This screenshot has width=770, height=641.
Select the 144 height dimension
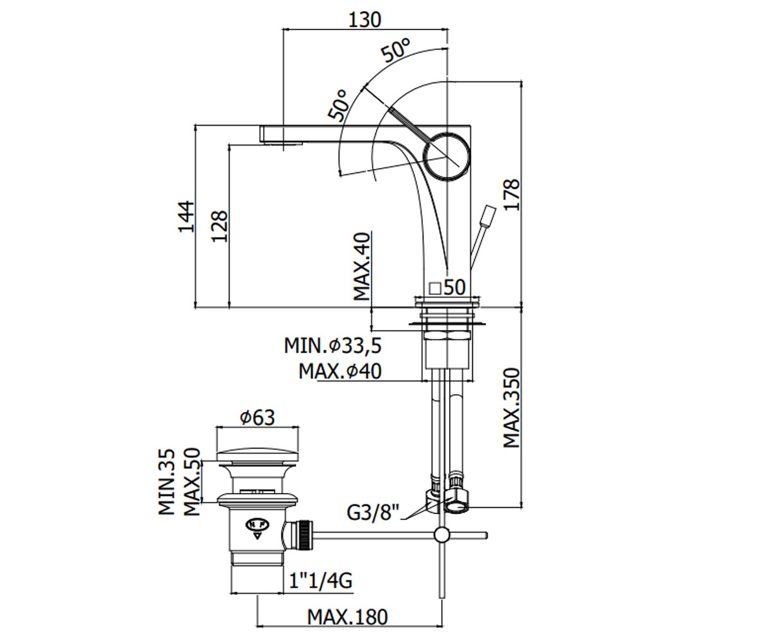click(186, 216)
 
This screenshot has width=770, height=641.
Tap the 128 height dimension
click(219, 226)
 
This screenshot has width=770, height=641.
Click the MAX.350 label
click(511, 408)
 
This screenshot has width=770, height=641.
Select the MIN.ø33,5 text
click(332, 345)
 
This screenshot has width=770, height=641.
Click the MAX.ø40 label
click(340, 371)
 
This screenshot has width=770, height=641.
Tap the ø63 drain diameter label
click(257, 418)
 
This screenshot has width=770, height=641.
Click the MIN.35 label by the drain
click(166, 481)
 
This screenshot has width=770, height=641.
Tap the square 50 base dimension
click(447, 287)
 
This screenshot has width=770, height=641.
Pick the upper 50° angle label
click(396, 50)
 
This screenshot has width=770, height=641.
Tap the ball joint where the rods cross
click(441, 535)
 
